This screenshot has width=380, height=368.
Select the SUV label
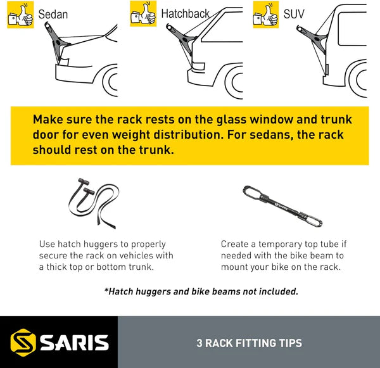(x=293, y=13)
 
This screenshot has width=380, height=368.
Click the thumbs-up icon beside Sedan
(x=21, y=15)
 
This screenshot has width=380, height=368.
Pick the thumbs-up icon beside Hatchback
(x=143, y=13)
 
